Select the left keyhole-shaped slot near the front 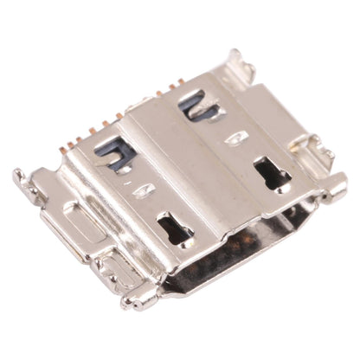[175, 230]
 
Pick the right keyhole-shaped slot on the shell [273, 173]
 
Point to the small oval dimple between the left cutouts [145, 189]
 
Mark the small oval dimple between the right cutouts [235, 137]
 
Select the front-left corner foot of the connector [138, 299]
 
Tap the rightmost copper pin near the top [181, 85]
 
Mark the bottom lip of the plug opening [234, 281]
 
